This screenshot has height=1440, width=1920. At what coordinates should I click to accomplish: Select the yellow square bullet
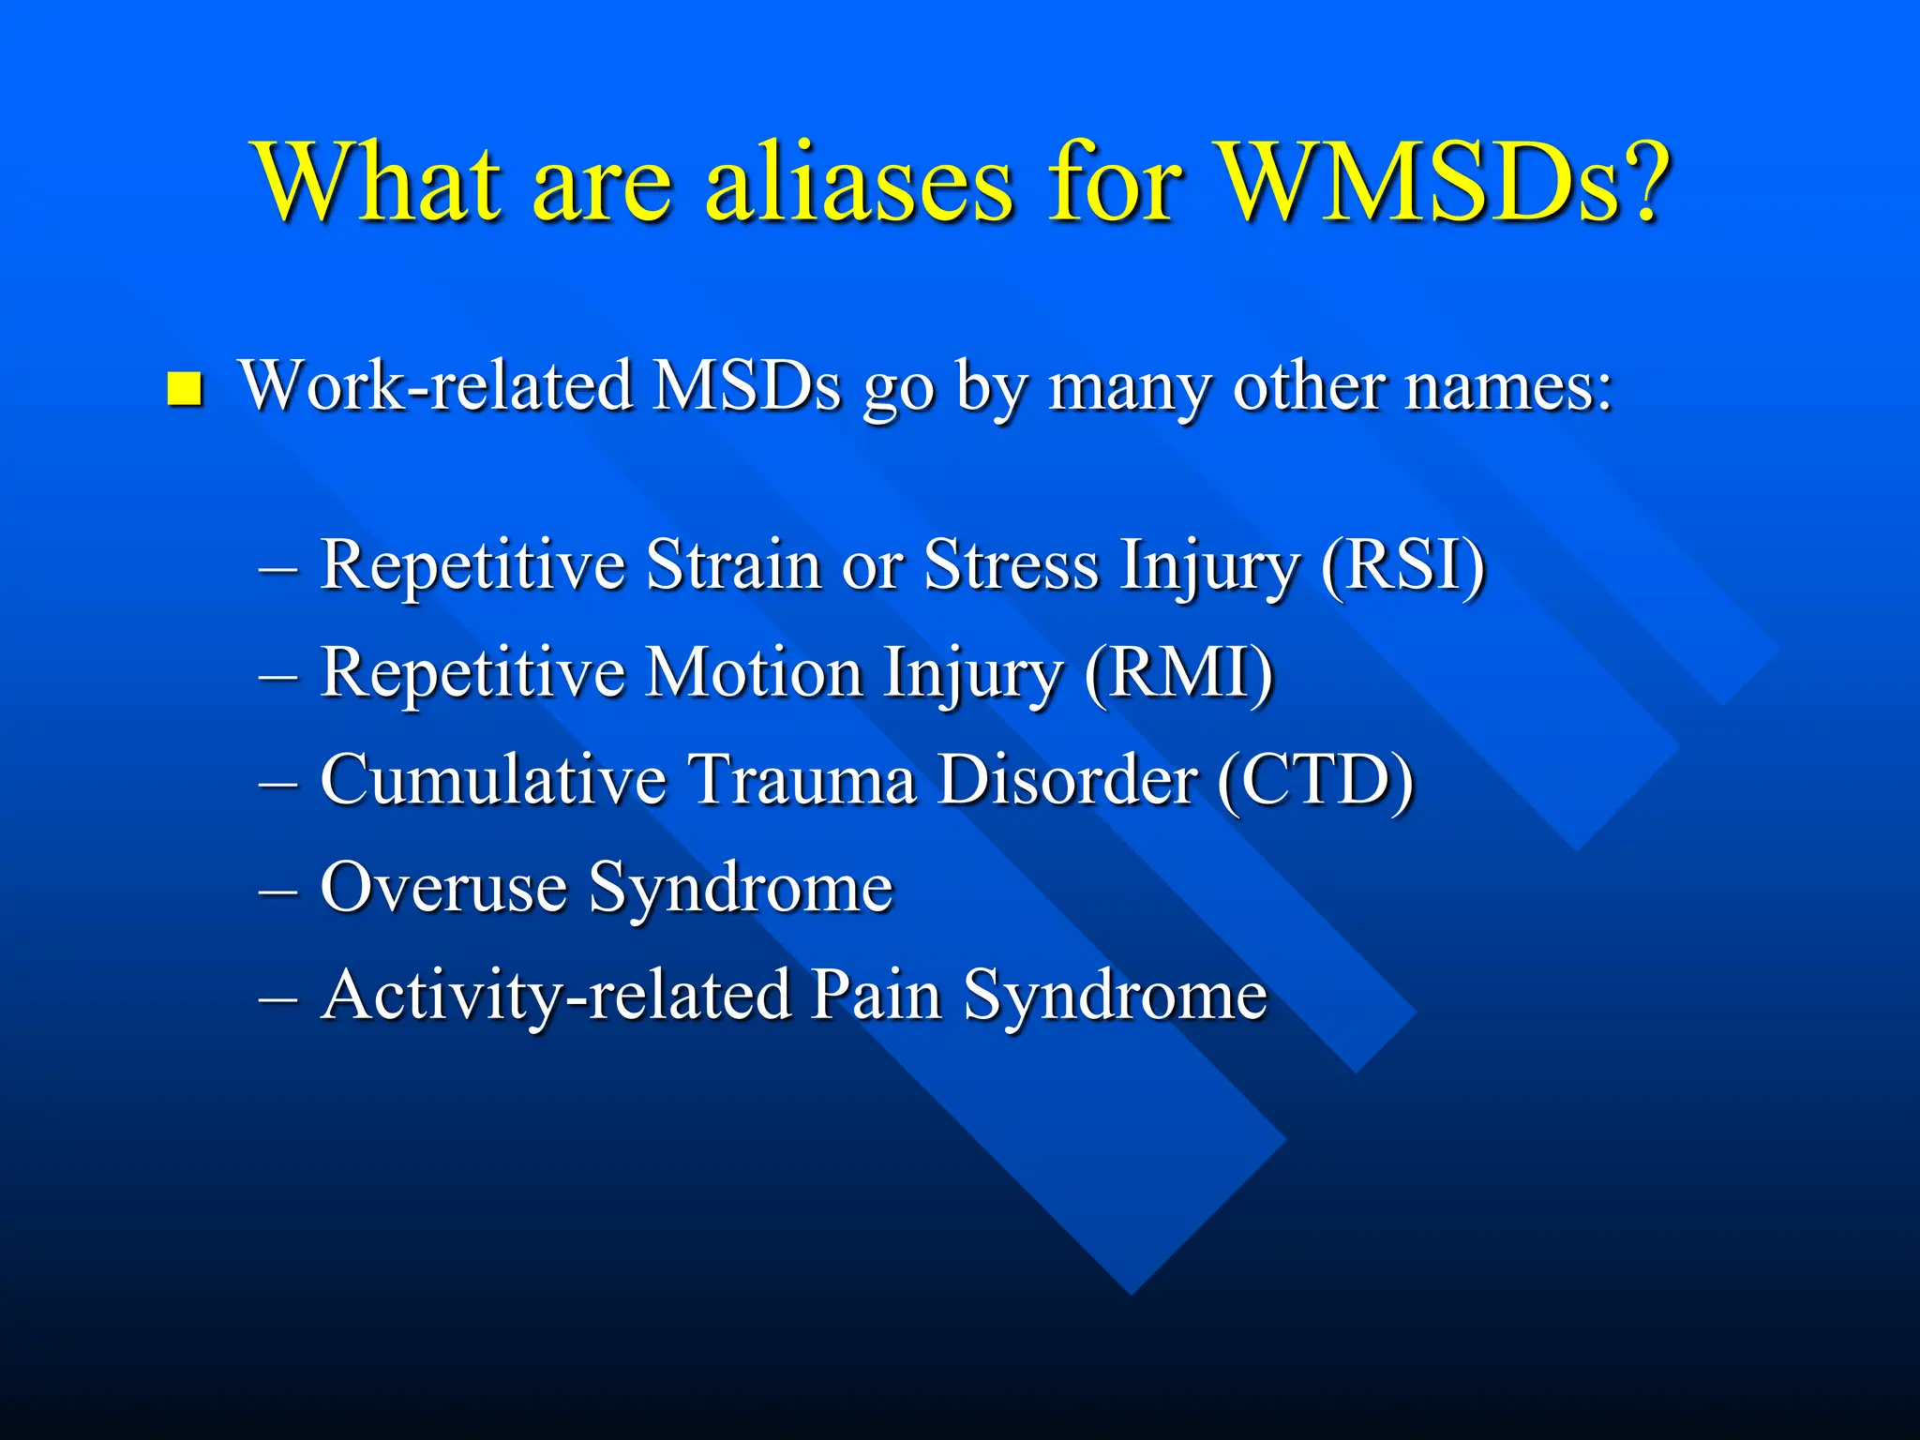point(185,388)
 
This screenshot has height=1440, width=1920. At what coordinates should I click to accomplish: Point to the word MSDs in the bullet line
point(747,386)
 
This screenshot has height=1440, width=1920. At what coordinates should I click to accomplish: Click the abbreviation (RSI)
point(1402,565)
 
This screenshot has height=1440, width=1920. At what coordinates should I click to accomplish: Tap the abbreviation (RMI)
point(1178,672)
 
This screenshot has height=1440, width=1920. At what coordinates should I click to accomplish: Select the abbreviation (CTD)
point(1315,780)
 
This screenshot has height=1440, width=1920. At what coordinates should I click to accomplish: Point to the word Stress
point(1011,565)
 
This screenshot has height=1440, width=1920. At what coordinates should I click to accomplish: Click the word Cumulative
point(492,780)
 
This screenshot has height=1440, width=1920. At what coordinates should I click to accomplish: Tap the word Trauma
point(802,780)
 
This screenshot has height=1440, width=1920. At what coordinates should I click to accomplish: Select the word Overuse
point(443,888)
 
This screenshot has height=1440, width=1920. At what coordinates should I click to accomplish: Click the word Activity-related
point(555,996)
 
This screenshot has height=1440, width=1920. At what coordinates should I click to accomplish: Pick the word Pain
point(876,996)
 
